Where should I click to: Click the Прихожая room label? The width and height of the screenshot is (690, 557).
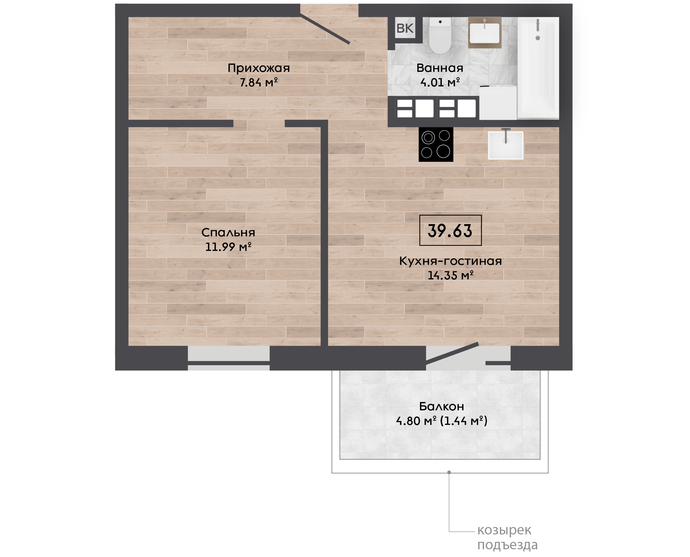click(259, 68)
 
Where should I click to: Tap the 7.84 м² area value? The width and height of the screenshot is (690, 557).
click(259, 83)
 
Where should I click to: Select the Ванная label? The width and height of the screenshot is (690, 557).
click(440, 68)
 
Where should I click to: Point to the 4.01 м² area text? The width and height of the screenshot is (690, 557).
click(440, 83)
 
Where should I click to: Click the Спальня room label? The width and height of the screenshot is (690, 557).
click(228, 232)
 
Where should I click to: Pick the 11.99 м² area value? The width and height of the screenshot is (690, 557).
click(228, 247)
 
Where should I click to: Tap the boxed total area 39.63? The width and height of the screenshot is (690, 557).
click(450, 230)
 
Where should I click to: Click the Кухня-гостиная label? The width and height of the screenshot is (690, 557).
click(450, 261)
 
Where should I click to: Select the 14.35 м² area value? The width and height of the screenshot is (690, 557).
click(450, 275)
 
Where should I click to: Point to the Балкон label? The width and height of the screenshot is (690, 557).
click(441, 406)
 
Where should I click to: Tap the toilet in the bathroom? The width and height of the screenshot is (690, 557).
click(440, 35)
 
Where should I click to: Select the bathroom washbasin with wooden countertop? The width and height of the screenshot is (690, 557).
click(485, 32)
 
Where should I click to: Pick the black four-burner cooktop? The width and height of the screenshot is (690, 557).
click(436, 144)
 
